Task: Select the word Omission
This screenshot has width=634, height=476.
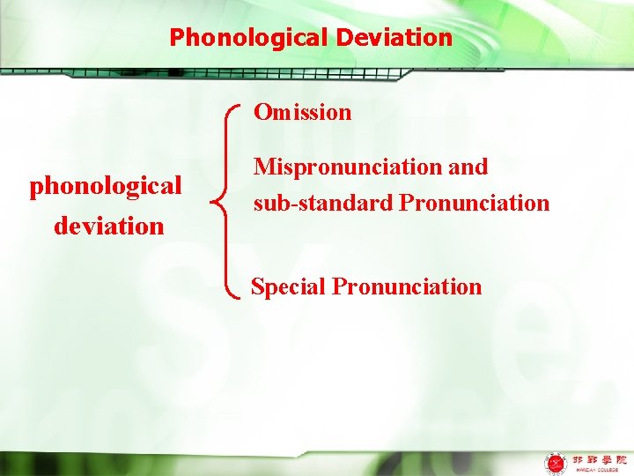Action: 302,112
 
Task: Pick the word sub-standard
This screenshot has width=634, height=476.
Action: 323,203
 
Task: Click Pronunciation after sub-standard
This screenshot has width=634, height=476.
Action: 475,203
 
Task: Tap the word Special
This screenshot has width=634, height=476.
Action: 289,286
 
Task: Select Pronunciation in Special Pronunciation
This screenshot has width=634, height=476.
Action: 408,286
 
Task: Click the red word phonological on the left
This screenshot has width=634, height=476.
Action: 106,187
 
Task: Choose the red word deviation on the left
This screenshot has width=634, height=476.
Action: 109,226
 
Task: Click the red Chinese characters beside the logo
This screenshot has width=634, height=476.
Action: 599,459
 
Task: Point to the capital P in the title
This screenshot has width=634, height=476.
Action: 176,38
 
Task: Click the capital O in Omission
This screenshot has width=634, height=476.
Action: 262,112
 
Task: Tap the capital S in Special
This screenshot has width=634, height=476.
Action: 257,286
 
